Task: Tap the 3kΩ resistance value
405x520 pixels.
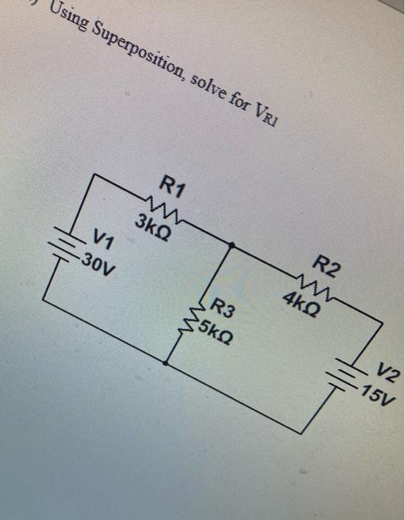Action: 155,222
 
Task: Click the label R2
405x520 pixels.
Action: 327,265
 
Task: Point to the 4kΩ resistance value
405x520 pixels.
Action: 302,300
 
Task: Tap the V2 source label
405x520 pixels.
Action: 387,369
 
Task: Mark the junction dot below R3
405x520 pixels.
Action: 165,365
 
